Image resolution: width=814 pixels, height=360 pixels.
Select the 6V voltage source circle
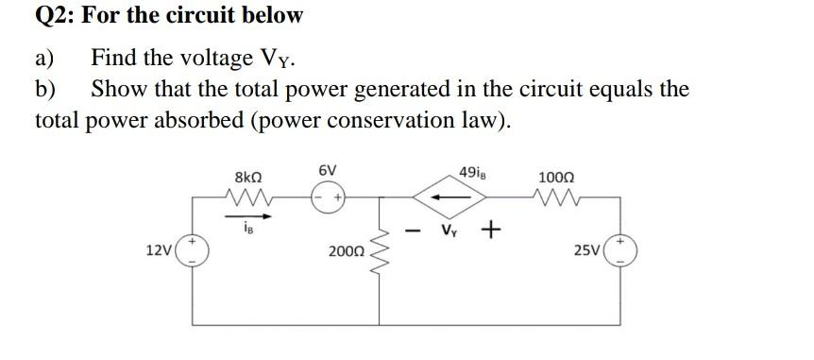tap(328, 197)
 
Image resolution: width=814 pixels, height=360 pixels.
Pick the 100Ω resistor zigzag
tap(552, 198)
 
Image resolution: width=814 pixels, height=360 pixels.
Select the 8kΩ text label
tap(248, 176)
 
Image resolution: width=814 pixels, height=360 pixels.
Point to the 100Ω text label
tap(553, 177)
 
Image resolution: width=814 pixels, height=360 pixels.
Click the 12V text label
tap(160, 251)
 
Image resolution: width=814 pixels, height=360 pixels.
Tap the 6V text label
tap(327, 170)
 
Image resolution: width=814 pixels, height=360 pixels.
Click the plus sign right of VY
tap(490, 231)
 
